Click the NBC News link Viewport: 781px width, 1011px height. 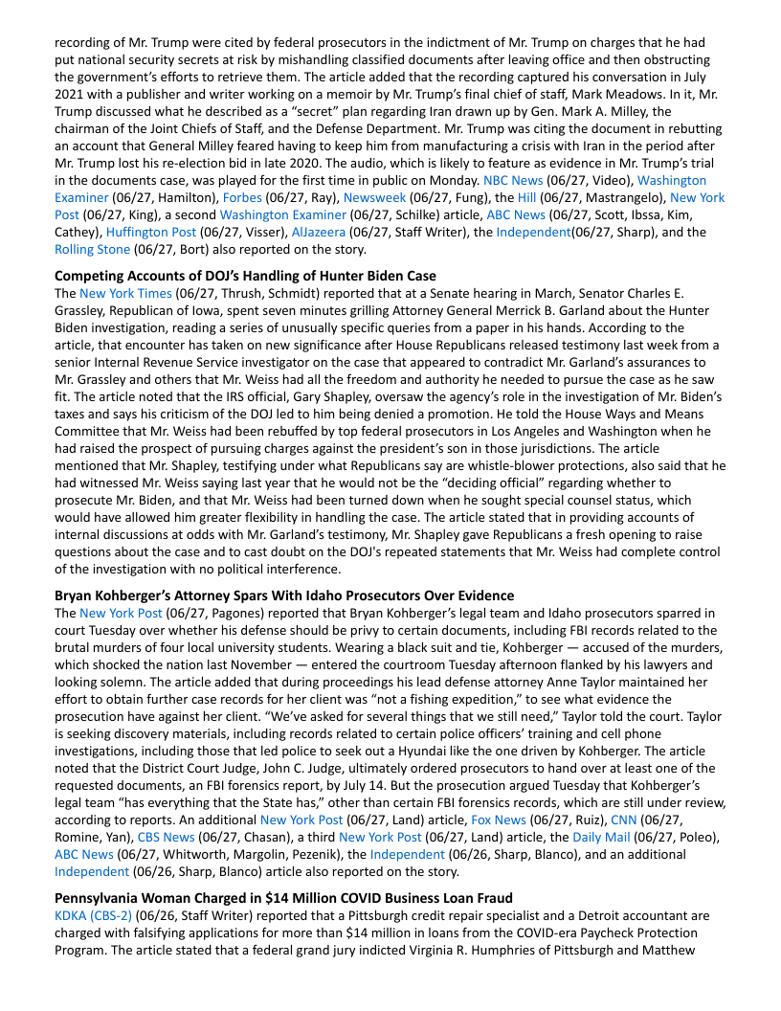[513, 180]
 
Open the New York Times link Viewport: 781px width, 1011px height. [126, 293]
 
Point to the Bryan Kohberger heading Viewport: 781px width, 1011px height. [283, 595]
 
